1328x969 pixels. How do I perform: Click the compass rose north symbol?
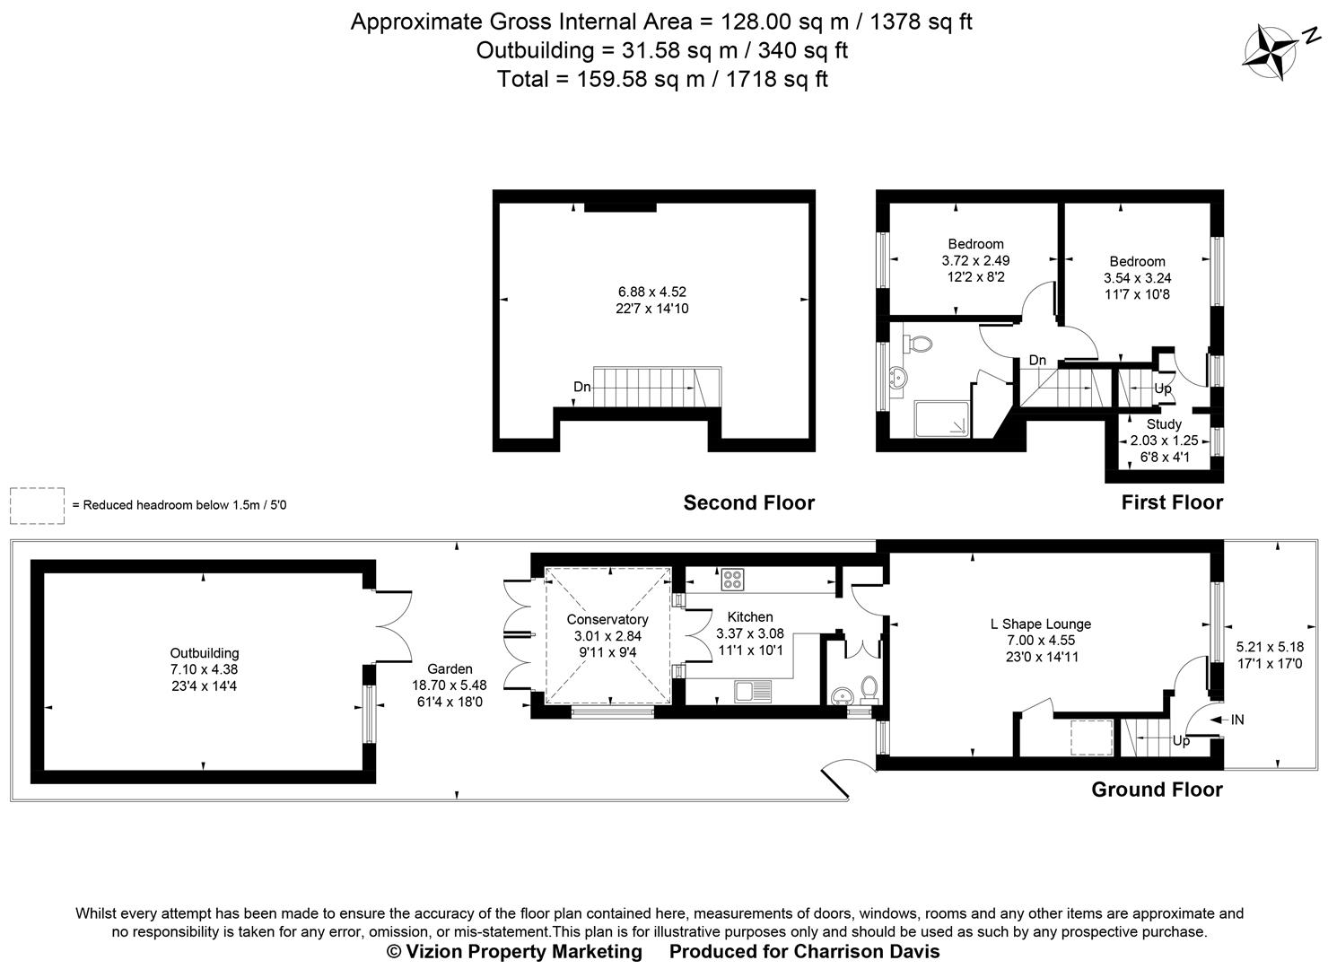(x=1271, y=48)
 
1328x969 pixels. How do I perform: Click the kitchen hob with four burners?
(x=732, y=580)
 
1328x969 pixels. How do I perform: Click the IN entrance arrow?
(x=1226, y=720)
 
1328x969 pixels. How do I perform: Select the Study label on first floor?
(x=1164, y=423)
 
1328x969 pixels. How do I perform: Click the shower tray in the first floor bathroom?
(x=942, y=420)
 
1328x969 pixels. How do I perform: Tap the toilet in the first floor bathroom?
(x=917, y=344)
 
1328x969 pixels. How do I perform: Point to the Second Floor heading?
(x=748, y=502)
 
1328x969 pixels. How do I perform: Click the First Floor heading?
(x=1171, y=502)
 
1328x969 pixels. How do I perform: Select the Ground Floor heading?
(x=1156, y=790)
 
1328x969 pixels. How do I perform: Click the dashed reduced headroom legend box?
(x=37, y=505)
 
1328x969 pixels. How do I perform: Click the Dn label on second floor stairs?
(x=582, y=387)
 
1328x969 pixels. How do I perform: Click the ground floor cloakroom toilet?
(x=868, y=688)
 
